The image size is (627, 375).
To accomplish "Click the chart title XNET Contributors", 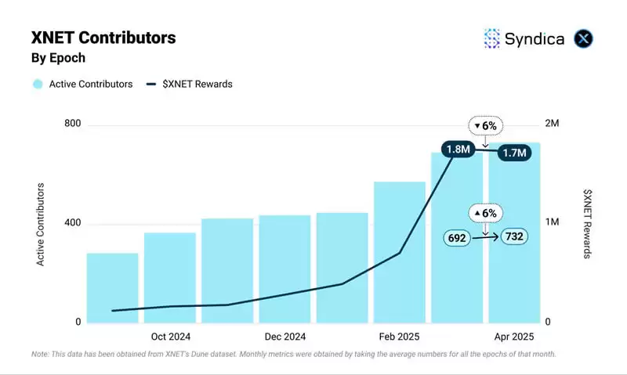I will coord(103,38).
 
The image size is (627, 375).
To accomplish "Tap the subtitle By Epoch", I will coord(58,58).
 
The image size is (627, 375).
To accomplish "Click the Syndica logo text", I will coord(534,38).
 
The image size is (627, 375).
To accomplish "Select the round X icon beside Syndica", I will coord(584,38).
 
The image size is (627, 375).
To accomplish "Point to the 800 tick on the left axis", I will coord(72,124).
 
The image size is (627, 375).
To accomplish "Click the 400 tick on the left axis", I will coord(72,223).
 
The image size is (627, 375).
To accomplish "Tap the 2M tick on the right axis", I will coord(552,124).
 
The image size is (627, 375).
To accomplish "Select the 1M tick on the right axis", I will coord(552,223).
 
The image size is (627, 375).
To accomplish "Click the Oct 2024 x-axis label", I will coord(171,337).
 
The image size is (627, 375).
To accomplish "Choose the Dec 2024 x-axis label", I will coord(285,337).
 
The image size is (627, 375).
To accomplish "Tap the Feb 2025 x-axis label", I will coord(400,337).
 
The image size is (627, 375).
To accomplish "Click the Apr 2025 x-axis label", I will coord(514,337).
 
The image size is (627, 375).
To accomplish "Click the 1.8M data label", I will coord(457,150).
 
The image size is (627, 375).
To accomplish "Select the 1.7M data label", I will coord(514,153).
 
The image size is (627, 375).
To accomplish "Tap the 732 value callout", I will coord(514,236).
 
